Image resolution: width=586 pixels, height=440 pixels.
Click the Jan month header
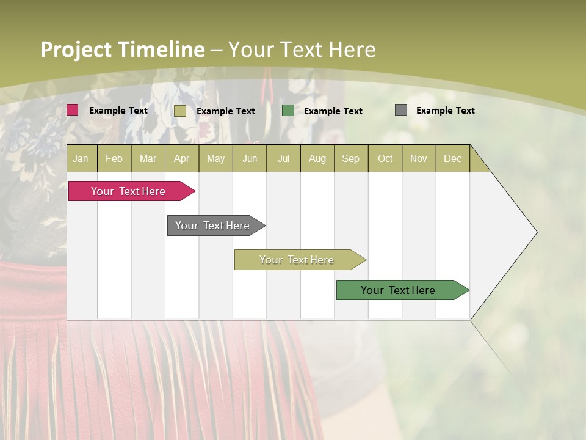pos(81,159)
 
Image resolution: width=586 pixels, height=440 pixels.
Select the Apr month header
pos(182,159)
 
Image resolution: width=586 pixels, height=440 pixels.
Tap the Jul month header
pos(283,159)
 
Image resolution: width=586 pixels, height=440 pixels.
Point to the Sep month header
pos(351,159)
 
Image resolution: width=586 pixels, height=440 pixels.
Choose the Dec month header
pos(452,159)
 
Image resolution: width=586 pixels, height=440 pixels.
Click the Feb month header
pos(114,159)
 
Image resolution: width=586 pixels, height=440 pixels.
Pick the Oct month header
pos(385,159)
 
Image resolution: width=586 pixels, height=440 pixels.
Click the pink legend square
pos(73,110)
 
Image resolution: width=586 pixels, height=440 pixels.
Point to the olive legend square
pos(180,111)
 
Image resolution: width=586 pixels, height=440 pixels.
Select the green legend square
pos(288,111)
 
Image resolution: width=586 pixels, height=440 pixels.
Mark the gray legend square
pos(401,110)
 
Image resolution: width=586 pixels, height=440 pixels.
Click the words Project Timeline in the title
pos(122,50)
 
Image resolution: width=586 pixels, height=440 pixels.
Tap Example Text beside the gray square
pos(445,111)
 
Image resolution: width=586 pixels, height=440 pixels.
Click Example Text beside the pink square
pos(118,111)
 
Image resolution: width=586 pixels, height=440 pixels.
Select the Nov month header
pos(419,159)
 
